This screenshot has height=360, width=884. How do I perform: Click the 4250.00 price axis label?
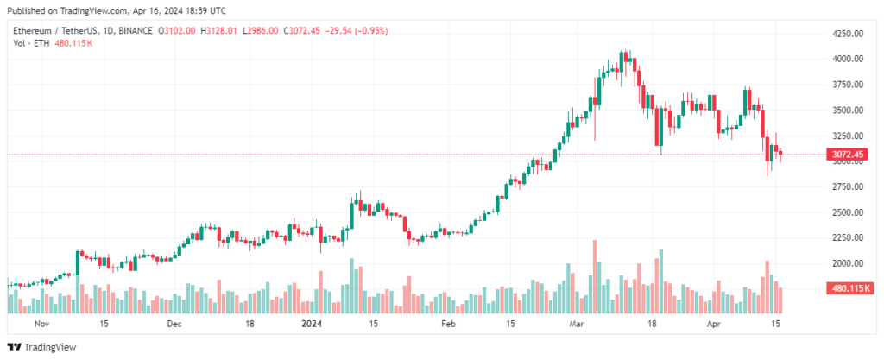(847, 34)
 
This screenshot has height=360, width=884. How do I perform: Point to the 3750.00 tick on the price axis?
(847, 85)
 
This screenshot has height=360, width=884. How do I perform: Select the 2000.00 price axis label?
(847, 263)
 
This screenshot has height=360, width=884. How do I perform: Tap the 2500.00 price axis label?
(847, 212)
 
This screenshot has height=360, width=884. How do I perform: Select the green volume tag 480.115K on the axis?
(849, 287)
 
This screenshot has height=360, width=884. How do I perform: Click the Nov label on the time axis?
(39, 325)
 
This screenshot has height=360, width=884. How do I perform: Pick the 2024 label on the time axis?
(313, 325)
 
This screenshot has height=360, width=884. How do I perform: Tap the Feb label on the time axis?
(447, 325)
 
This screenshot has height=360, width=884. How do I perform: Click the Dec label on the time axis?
(174, 325)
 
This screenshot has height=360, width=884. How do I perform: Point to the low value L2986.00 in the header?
(260, 31)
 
